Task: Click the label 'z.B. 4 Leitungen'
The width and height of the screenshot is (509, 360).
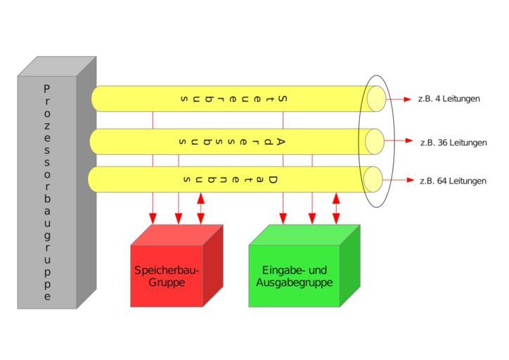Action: [449, 99]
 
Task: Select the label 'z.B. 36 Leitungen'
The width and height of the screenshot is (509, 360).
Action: [453, 143]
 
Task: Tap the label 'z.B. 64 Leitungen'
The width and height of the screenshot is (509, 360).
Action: [453, 181]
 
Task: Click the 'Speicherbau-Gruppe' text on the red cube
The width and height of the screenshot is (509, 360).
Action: [167, 276]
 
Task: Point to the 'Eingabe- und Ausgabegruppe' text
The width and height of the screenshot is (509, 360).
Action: [295, 276]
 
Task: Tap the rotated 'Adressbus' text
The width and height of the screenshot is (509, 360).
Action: [231, 142]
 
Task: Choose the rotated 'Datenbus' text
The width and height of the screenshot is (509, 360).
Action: [230, 180]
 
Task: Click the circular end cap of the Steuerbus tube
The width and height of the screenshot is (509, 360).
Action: [376, 99]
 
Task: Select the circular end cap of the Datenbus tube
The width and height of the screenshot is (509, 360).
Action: [374, 179]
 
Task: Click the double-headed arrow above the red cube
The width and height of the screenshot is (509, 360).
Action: [201, 208]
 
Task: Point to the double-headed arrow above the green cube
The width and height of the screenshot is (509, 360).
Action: [336, 208]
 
